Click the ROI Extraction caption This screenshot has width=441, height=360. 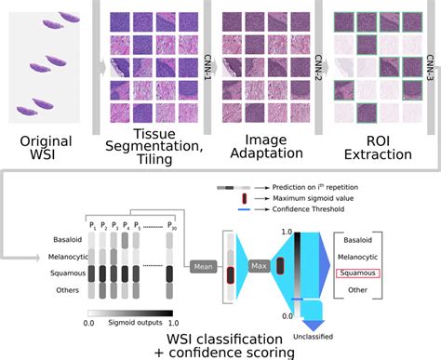[373, 137]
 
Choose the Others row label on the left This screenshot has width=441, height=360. [54, 289]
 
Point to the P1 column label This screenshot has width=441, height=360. [92, 224]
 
